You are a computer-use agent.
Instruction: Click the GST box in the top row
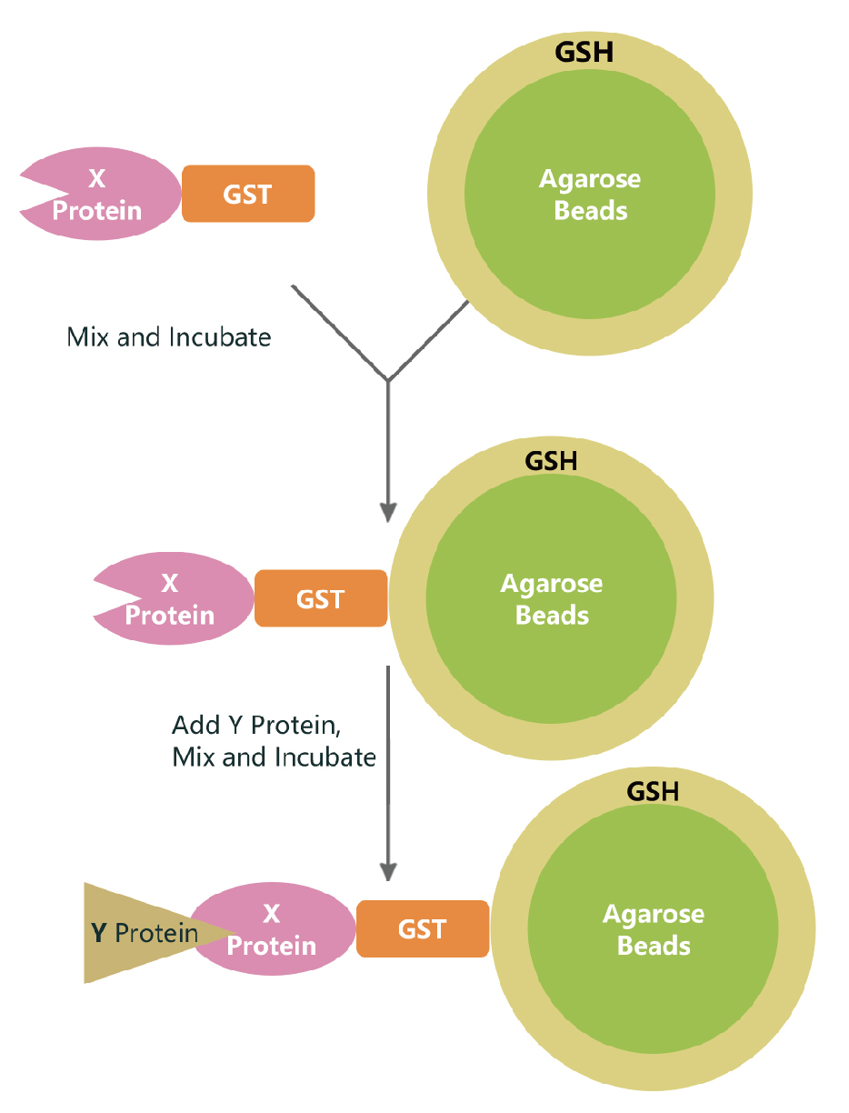[x=248, y=194]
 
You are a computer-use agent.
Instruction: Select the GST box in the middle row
[x=321, y=598]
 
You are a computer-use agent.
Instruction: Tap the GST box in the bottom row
[x=423, y=928]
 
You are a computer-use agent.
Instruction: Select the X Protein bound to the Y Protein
[x=273, y=928]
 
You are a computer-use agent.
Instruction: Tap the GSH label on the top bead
[x=584, y=52]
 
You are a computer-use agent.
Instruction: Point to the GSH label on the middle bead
[x=551, y=460]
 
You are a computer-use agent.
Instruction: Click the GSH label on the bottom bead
[x=653, y=791]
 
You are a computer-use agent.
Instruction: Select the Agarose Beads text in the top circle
[x=590, y=195]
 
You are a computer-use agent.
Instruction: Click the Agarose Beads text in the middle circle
[x=552, y=599]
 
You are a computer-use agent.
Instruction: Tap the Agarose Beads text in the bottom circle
[x=654, y=929]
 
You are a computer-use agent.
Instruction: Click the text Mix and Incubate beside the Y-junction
[x=169, y=337]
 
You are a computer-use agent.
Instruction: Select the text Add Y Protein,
[x=256, y=726]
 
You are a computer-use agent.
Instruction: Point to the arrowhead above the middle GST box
[x=388, y=511]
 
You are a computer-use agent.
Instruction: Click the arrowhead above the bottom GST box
[x=388, y=870]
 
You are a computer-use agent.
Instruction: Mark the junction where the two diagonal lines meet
[x=388, y=379]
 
